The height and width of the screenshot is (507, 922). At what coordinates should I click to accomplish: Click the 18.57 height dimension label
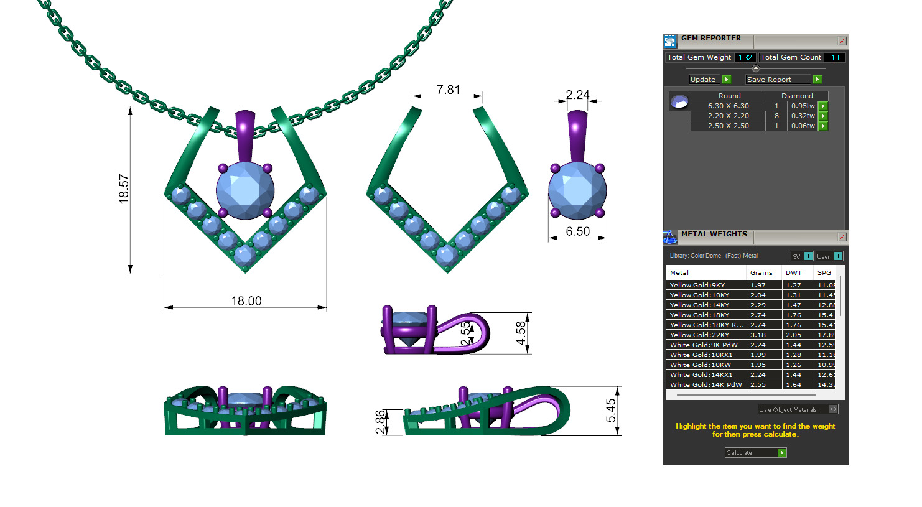pos(124,188)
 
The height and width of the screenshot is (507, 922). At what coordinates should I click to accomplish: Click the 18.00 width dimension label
pos(246,301)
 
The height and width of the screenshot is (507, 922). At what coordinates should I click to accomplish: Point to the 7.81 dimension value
pos(448,90)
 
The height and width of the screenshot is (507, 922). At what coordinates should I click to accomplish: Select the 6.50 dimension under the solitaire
pos(577,231)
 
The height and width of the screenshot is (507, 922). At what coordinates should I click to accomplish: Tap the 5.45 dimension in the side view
pos(611,410)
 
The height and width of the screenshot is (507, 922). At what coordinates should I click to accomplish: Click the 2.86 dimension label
pos(381,422)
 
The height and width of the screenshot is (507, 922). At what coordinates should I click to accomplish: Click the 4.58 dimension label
pos(521,333)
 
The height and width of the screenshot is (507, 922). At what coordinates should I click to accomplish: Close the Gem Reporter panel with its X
pos(842,41)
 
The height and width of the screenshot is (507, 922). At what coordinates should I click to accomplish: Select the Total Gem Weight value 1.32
pos(745,57)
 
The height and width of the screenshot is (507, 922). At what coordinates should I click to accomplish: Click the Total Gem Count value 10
pos(835,57)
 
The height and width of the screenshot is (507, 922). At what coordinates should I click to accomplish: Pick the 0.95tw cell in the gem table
pos(803,106)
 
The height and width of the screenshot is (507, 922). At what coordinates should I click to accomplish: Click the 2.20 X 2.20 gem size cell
pos(728,116)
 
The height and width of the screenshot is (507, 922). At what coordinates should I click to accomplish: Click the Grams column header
pos(761,272)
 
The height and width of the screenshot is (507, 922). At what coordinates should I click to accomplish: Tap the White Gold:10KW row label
pos(700,365)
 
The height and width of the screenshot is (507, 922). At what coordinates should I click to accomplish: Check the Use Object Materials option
pos(834,409)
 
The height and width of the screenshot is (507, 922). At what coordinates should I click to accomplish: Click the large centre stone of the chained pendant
pos(245,190)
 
